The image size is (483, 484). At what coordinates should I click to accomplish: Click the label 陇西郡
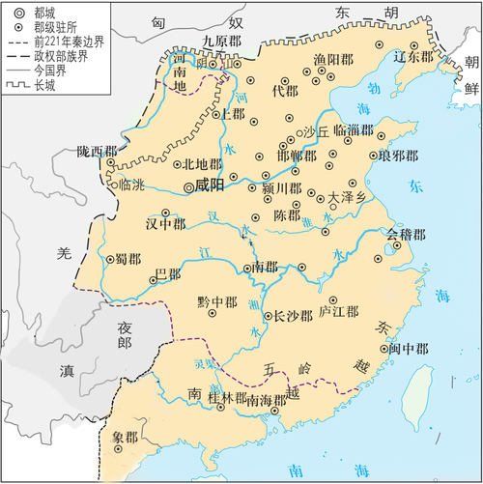tap(98, 152)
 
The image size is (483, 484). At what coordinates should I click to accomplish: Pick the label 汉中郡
tap(164, 223)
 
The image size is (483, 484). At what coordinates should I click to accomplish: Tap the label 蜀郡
tap(128, 258)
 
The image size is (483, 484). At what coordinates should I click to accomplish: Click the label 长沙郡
tap(294, 316)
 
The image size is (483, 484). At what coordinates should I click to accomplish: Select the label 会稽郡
tap(406, 234)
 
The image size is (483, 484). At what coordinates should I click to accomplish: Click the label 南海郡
tap(266, 399)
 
